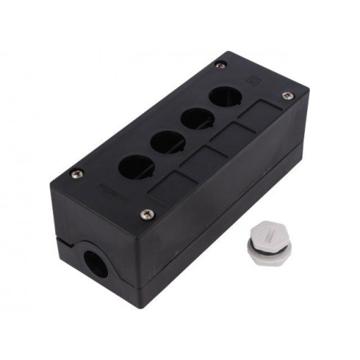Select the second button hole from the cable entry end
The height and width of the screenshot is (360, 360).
click(167, 141)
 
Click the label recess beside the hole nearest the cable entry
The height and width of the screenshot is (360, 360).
click(167, 189)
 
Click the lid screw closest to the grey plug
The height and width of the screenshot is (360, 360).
click(147, 213)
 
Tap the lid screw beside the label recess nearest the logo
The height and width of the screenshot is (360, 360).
click(286, 95)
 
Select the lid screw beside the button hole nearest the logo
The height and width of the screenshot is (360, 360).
click(222, 65)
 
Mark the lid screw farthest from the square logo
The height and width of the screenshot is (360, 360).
click(77, 173)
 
